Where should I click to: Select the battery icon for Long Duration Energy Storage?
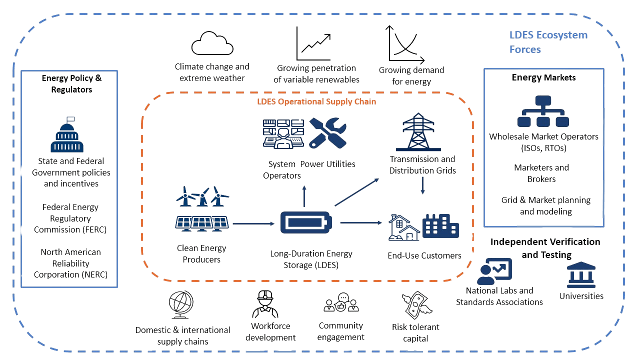(x=305, y=222)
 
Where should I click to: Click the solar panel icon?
(x=202, y=222)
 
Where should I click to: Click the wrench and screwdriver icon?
(x=327, y=132)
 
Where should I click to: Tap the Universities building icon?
(x=580, y=274)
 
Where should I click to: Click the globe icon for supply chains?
(x=181, y=305)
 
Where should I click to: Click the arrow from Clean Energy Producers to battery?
(x=254, y=223)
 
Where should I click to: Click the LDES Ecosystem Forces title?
(x=548, y=42)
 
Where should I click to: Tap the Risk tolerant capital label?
(x=415, y=332)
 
